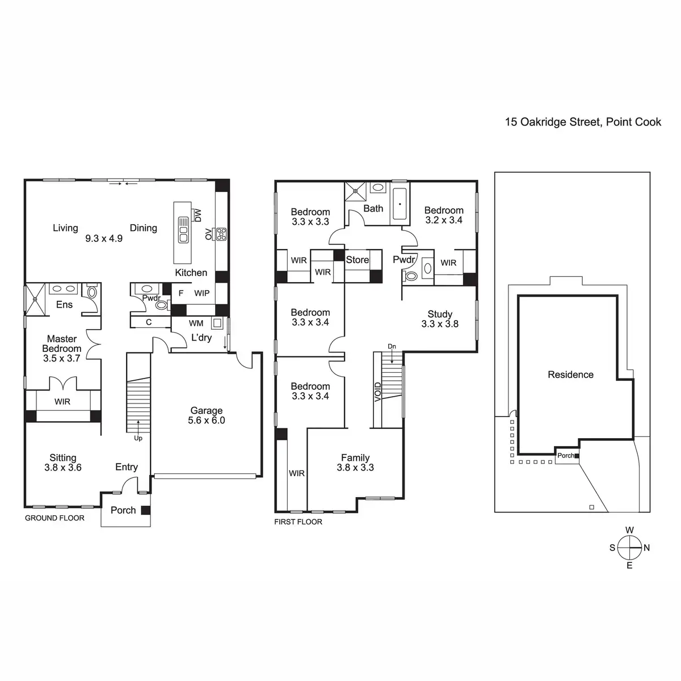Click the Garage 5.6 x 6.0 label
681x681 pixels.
click(x=207, y=415)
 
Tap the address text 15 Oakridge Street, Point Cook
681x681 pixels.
click(x=583, y=122)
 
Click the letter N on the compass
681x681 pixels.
click(x=647, y=548)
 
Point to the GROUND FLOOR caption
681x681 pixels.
click(x=54, y=518)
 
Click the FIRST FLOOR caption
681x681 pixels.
click(x=299, y=522)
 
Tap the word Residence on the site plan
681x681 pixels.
click(x=570, y=374)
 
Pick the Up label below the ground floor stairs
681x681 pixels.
click(x=138, y=438)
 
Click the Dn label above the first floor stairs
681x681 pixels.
click(x=392, y=346)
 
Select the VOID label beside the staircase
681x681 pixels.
click(x=378, y=392)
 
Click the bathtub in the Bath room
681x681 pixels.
click(x=400, y=204)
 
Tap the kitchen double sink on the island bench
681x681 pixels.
click(x=183, y=230)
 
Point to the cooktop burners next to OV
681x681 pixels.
click(x=221, y=234)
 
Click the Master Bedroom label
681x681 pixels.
click(x=62, y=348)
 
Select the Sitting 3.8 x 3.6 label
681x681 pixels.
click(x=63, y=463)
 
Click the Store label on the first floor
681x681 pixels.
click(x=358, y=260)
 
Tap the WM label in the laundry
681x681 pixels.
click(x=196, y=323)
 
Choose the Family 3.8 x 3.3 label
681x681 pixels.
click(x=355, y=463)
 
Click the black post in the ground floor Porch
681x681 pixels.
click(x=146, y=510)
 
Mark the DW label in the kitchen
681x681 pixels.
click(x=198, y=215)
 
